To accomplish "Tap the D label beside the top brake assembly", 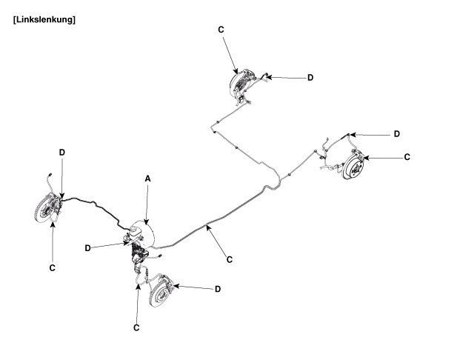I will click(x=310, y=77).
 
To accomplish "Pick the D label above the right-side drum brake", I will click(x=396, y=134).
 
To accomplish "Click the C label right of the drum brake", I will click(x=407, y=157).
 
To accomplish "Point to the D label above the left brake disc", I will click(x=62, y=152).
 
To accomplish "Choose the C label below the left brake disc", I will click(x=53, y=264).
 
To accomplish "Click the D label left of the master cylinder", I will click(x=87, y=248).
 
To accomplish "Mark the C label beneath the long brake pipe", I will click(x=230, y=259).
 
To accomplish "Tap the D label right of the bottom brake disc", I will click(x=217, y=289).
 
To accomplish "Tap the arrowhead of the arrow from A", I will click(x=147, y=223).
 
